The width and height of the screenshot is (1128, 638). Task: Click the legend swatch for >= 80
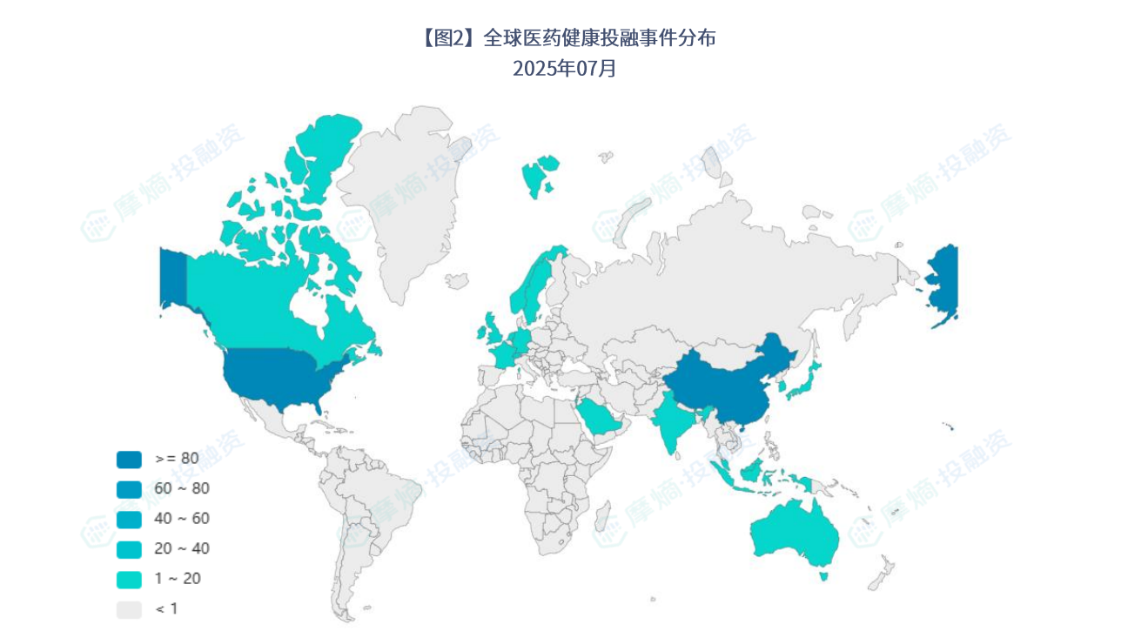[x=129, y=459]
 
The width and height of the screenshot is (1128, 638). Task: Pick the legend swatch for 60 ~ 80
[x=129, y=489]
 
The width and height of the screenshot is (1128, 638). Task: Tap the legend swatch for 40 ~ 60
[x=129, y=519]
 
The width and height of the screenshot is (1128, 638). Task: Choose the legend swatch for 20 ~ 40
[x=129, y=549]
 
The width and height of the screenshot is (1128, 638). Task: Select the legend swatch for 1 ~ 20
[x=129, y=579]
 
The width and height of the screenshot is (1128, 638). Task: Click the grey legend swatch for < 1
[x=129, y=609]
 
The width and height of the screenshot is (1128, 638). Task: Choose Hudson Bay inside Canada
[x=308, y=305]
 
